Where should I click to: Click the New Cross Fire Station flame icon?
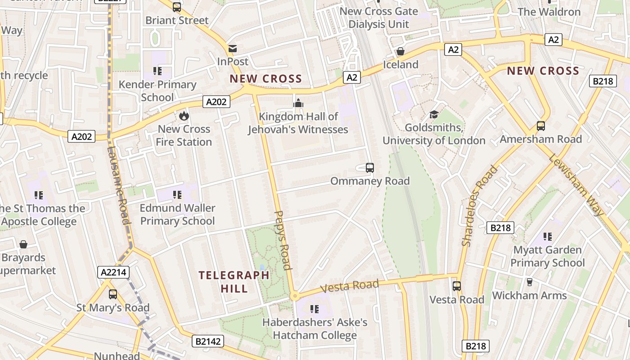pyautogui.click(x=184, y=116)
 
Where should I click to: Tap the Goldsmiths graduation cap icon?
pyautogui.click(x=434, y=114)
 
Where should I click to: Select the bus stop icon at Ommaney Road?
pyautogui.click(x=370, y=168)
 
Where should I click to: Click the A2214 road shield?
pyautogui.click(x=113, y=272)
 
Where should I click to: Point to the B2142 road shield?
pyautogui.click(x=208, y=341)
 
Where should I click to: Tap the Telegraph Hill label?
pyautogui.click(x=234, y=282)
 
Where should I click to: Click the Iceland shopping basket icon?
pyautogui.click(x=400, y=51)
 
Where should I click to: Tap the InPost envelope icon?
pyautogui.click(x=233, y=48)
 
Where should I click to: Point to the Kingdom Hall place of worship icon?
pyautogui.click(x=298, y=103)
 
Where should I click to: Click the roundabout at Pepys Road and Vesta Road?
pyautogui.click(x=295, y=296)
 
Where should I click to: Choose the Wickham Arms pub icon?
pyautogui.click(x=529, y=282)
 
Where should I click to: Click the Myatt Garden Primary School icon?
pyautogui.click(x=547, y=236)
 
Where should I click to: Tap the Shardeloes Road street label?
pyautogui.click(x=480, y=206)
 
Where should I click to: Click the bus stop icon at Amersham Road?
pyautogui.click(x=541, y=126)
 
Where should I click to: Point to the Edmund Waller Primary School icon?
pyautogui.click(x=177, y=195)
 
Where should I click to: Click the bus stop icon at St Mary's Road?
pyautogui.click(x=113, y=294)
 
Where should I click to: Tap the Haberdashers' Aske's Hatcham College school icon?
pyautogui.click(x=315, y=309)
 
